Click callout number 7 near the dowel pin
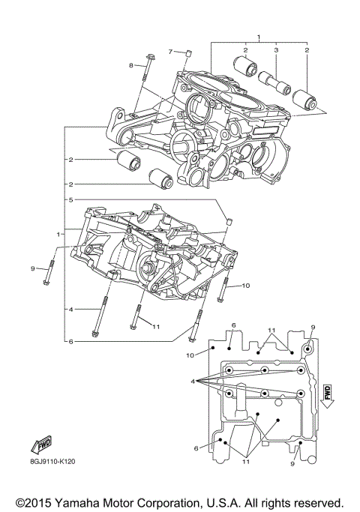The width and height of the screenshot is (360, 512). click(170, 51)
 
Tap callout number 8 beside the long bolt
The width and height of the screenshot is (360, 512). click(130, 66)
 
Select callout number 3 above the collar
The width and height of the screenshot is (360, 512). click(276, 50)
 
